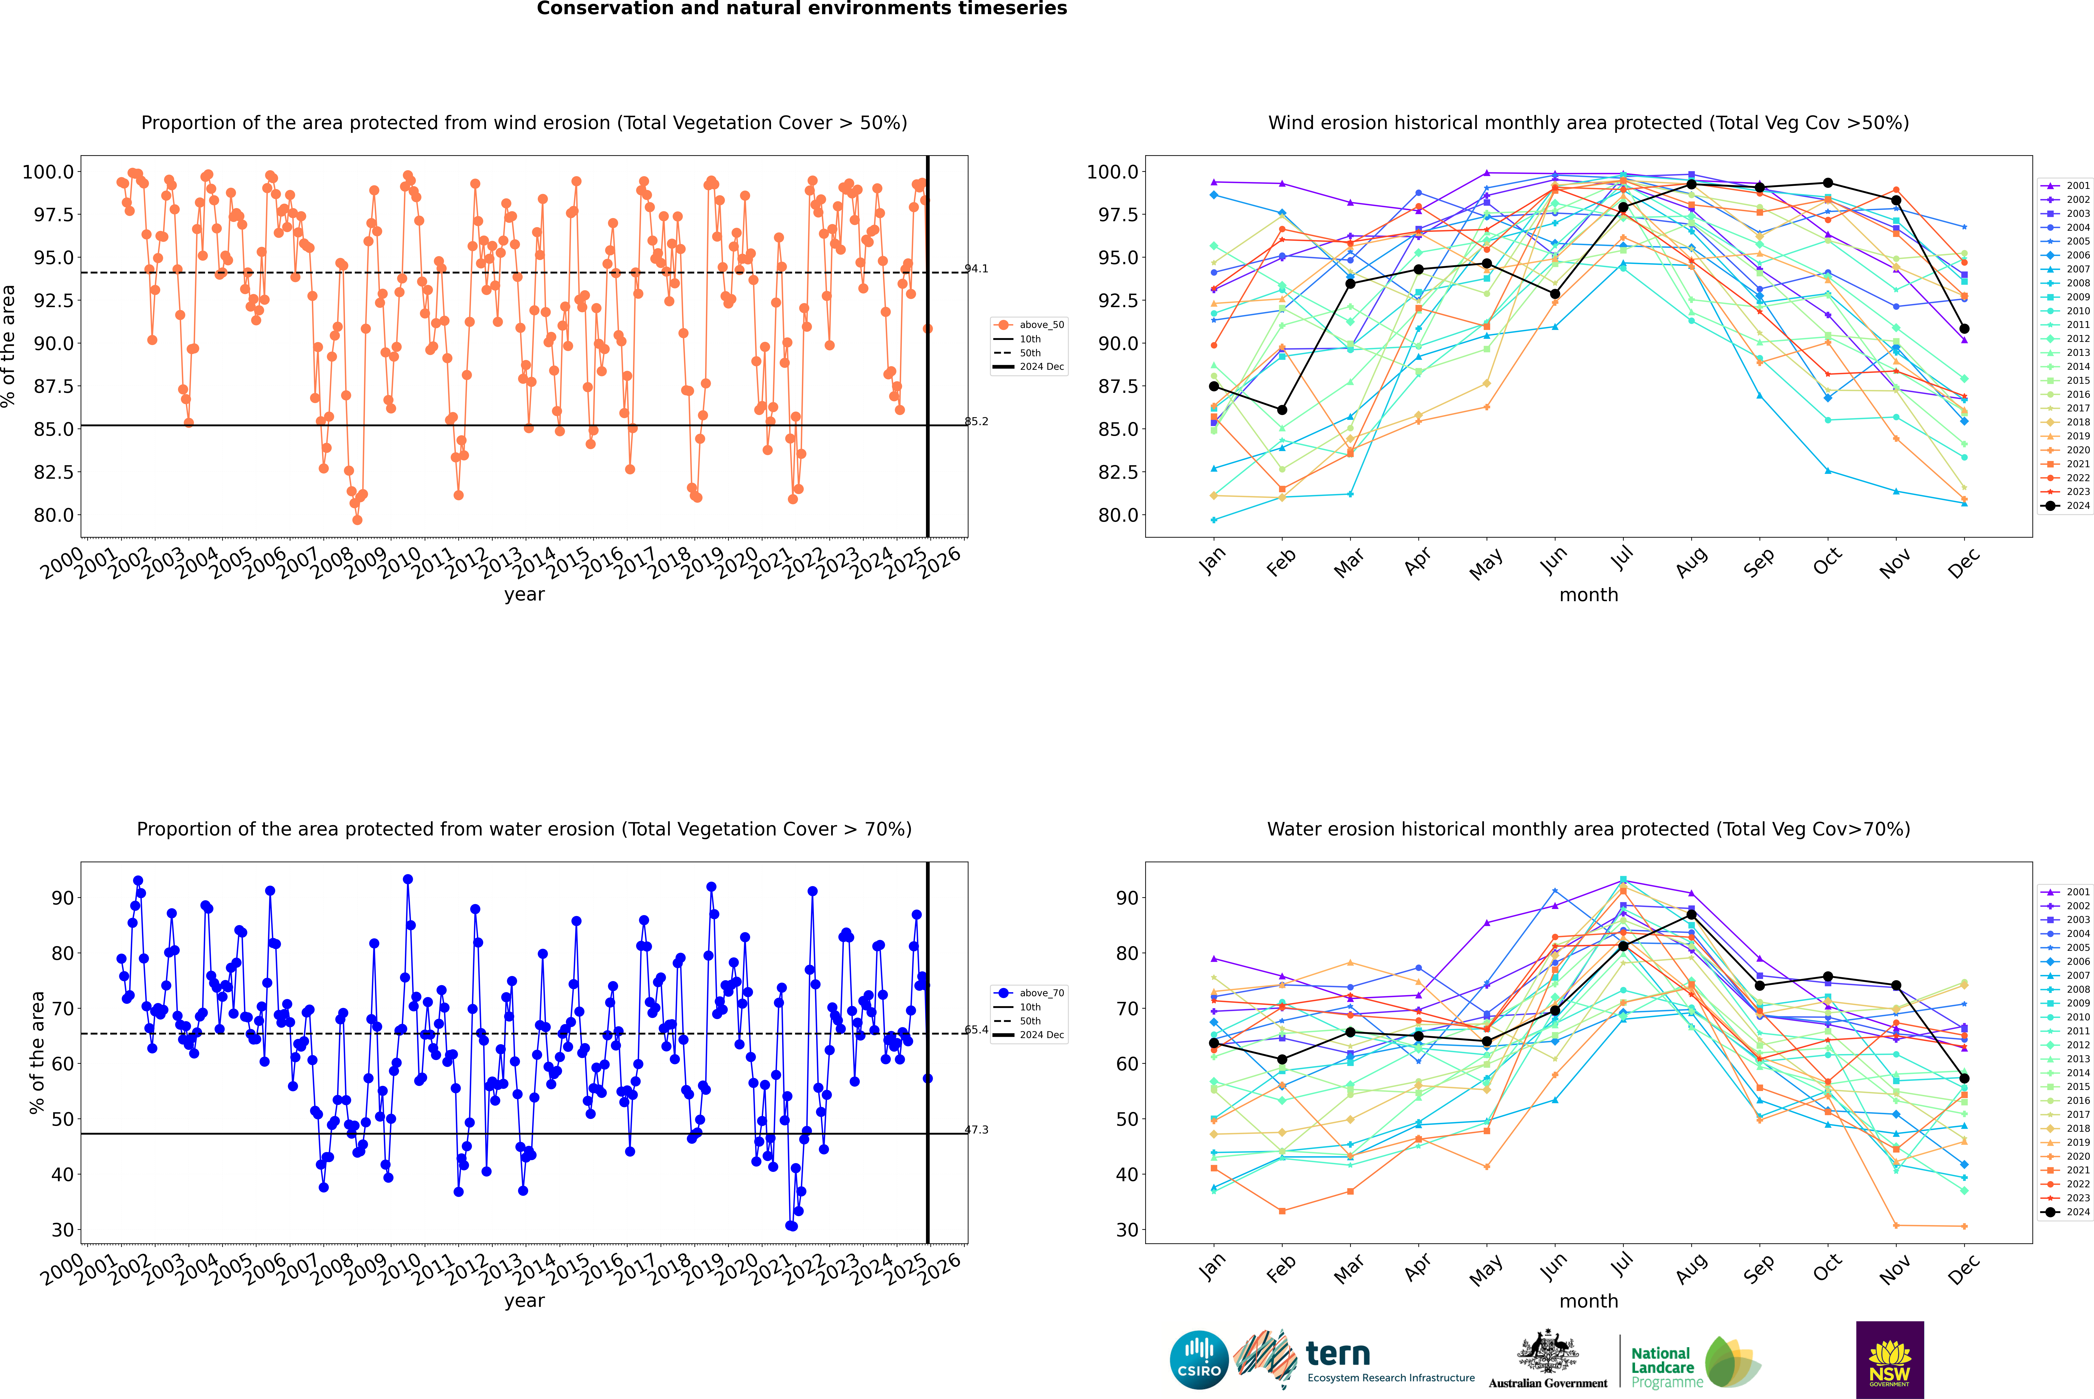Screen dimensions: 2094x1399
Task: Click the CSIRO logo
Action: [x=1199, y=1360]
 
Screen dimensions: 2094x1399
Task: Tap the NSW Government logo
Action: [x=1890, y=1360]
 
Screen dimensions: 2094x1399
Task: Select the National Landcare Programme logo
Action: [x=1696, y=1362]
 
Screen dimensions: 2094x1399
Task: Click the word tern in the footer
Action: [x=1337, y=1354]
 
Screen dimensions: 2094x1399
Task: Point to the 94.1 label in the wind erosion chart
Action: [x=976, y=269]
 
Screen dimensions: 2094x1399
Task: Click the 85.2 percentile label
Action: [x=976, y=421]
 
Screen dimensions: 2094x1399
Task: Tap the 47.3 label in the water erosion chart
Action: [x=976, y=1130]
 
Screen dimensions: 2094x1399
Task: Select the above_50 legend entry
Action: [x=1029, y=325]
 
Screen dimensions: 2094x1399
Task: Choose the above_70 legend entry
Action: [x=1029, y=993]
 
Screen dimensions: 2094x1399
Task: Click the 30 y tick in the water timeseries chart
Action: [x=62, y=1229]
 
